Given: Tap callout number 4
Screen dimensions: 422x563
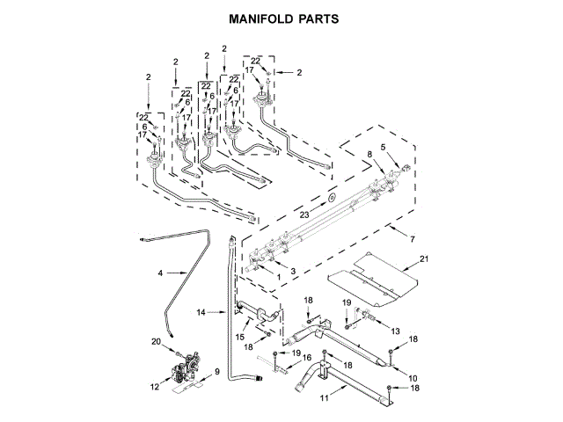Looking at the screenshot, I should click(x=161, y=274).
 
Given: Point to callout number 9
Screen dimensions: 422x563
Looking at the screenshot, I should click(x=217, y=371).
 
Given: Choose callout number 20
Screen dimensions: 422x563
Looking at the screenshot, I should click(x=157, y=341).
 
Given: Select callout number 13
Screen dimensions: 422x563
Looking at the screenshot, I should click(x=396, y=331).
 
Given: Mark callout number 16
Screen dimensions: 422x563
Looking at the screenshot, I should click(x=307, y=357).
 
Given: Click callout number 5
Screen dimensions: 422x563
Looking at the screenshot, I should click(x=383, y=147).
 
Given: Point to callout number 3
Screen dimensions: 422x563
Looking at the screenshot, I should click(x=294, y=273).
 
